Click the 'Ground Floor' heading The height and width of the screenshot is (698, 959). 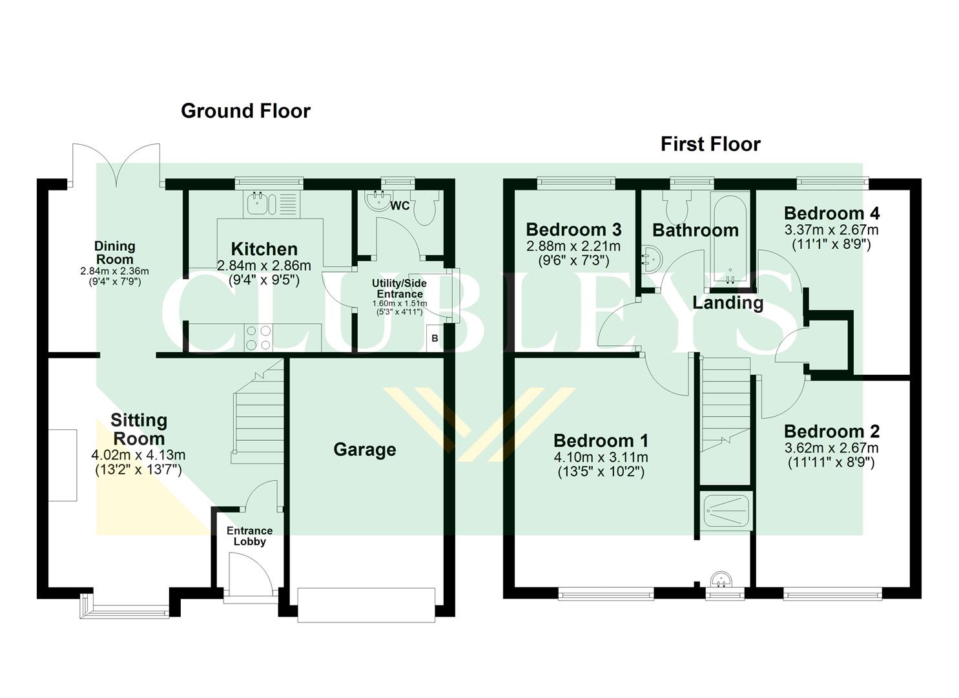coord(245,111)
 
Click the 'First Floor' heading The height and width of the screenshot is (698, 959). coord(710,144)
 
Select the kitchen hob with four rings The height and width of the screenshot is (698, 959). coord(258,337)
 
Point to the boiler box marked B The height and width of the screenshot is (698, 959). coord(435,339)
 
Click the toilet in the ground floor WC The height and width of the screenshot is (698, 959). coord(425,208)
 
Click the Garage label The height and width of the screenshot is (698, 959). coord(364,450)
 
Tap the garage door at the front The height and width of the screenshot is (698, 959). coord(366,605)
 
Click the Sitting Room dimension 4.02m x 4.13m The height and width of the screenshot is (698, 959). coord(138,456)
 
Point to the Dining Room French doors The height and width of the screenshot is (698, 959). coord(116,165)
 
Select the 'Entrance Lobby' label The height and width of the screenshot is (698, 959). coord(249,536)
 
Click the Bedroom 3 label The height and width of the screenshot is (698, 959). coord(573,229)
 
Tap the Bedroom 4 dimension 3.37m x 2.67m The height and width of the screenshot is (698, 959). coord(831,229)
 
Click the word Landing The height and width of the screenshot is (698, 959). coord(728,302)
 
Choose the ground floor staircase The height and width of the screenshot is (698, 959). coord(258,414)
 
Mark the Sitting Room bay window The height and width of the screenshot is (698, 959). coord(125,606)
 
